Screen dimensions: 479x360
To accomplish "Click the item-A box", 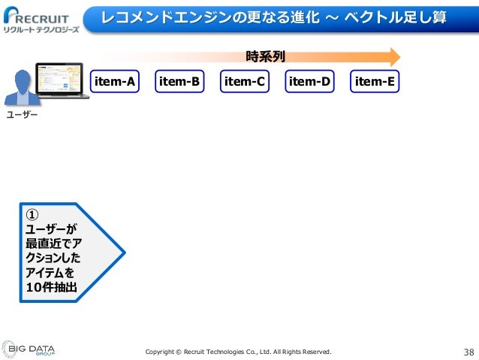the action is coord(115,82).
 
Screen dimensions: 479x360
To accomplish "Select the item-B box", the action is coord(179,82).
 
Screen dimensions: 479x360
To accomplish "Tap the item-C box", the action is coord(245,82).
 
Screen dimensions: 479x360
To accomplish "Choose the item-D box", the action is coord(310,82).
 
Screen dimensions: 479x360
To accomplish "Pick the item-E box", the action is coord(375,82).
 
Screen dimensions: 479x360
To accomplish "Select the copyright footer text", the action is coord(237,352).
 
